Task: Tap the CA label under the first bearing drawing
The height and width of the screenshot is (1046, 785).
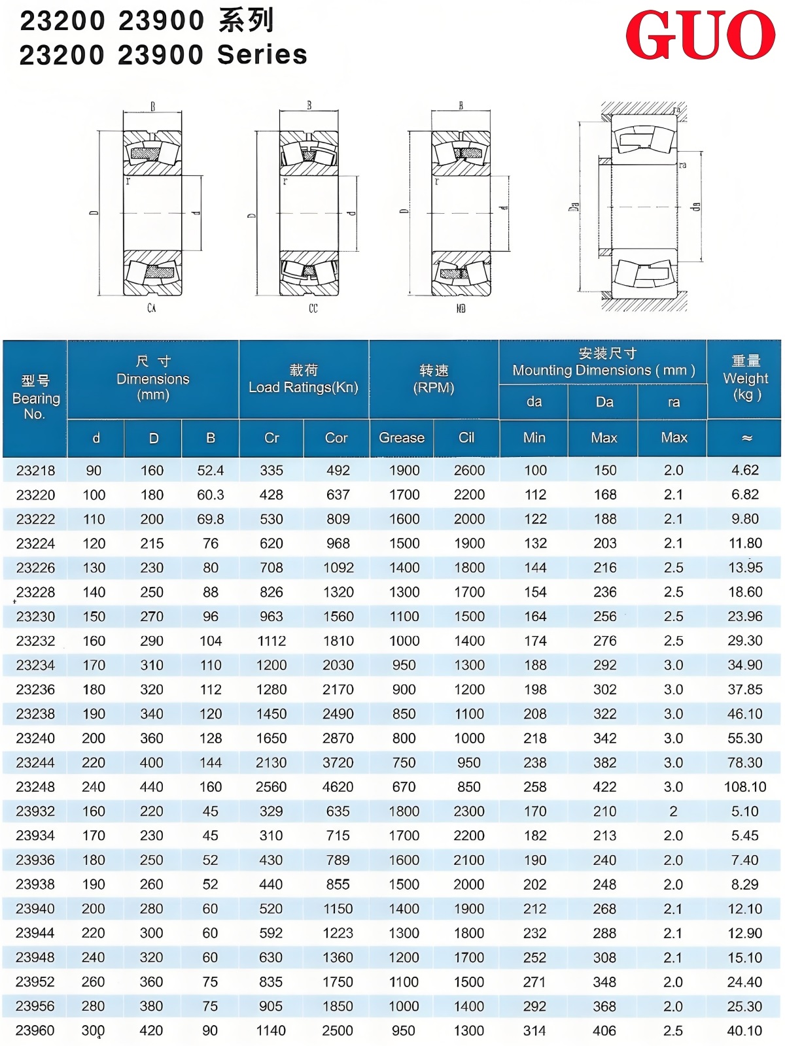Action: click(152, 308)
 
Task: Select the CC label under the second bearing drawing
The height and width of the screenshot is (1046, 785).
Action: click(313, 308)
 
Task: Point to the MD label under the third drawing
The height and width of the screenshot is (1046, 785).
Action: click(461, 308)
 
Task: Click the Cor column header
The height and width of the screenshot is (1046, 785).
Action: click(336, 438)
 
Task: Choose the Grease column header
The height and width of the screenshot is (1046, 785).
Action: click(402, 438)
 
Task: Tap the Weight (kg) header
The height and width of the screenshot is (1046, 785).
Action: click(745, 379)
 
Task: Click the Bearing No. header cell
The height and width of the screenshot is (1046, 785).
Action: click(35, 397)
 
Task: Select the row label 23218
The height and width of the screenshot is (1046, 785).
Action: click(36, 471)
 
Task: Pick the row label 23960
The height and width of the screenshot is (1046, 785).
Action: click(35, 1031)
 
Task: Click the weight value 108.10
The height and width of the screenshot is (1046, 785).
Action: click(745, 787)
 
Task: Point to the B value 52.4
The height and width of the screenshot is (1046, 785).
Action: click(211, 471)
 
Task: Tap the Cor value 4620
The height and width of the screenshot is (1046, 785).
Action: click(338, 787)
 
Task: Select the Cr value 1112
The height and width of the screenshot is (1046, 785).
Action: click(271, 641)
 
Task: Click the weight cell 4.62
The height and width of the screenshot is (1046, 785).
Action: click(745, 471)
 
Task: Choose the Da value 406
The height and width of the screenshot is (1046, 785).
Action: click(604, 1031)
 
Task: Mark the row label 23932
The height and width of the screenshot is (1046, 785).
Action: click(35, 811)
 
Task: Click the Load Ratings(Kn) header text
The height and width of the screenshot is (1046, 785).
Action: click(304, 388)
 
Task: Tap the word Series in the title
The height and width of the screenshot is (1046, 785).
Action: click(262, 55)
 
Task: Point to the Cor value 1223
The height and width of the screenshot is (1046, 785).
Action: click(338, 934)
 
